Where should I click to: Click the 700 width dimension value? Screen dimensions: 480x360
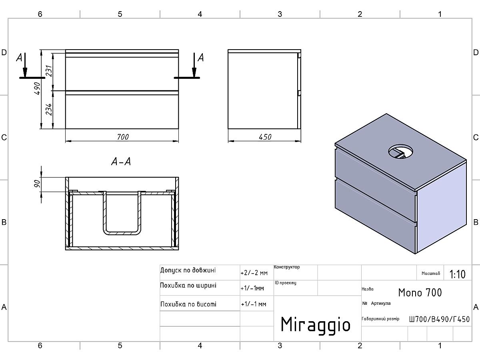pyautogui.click(x=123, y=137)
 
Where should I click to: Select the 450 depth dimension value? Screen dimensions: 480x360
pyautogui.click(x=265, y=137)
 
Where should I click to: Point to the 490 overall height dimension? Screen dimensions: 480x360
pyautogui.click(x=38, y=88)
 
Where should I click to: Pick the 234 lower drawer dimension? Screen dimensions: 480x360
pyautogui.click(x=49, y=109)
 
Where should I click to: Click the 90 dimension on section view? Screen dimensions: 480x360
pyautogui.click(x=37, y=184)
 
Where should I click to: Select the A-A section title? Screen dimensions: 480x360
pyautogui.click(x=121, y=162)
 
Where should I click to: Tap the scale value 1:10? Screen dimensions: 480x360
pyautogui.click(x=457, y=274)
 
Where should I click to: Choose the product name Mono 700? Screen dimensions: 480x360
pyautogui.click(x=420, y=292)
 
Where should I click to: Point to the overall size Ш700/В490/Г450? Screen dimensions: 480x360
pyautogui.click(x=439, y=319)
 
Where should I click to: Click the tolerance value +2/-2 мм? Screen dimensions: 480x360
pyautogui.click(x=254, y=273)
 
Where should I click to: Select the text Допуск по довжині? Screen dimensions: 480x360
pyautogui.click(x=188, y=270)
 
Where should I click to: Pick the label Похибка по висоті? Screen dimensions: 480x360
pyautogui.click(x=188, y=304)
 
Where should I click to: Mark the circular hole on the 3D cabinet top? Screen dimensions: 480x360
pyautogui.click(x=401, y=151)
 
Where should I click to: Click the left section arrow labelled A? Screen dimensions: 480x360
pyautogui.click(x=25, y=65)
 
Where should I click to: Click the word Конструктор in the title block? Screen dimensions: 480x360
pyautogui.click(x=287, y=267)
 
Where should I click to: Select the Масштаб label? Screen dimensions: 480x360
pyautogui.click(x=430, y=273)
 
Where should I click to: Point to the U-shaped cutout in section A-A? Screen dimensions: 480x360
pyautogui.click(x=122, y=213)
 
